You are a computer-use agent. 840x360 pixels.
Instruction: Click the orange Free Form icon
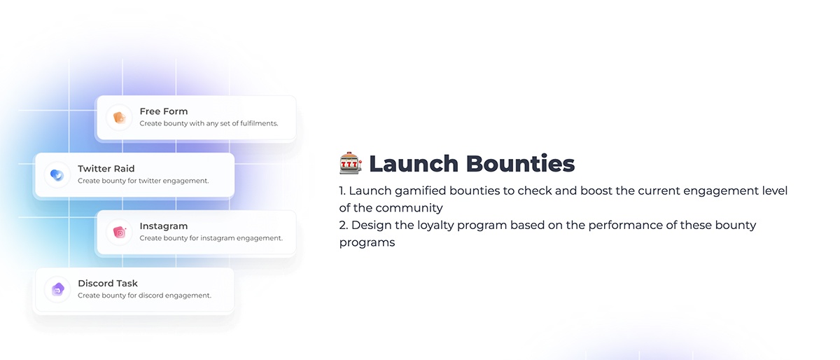(x=120, y=118)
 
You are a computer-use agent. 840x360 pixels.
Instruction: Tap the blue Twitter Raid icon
(x=57, y=175)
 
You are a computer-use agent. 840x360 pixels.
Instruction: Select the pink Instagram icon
(x=120, y=233)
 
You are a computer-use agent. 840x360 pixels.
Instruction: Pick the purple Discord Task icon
(x=57, y=289)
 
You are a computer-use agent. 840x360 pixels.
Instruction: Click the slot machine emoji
(x=351, y=163)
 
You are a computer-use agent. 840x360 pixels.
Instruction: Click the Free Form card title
(x=164, y=111)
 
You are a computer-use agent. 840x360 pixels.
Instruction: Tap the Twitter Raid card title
(x=106, y=169)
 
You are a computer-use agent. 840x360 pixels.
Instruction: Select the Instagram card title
(x=164, y=226)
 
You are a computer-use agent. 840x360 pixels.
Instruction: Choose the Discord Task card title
(x=108, y=284)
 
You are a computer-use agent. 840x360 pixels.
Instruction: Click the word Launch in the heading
(x=414, y=164)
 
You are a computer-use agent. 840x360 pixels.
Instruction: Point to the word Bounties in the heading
(x=521, y=164)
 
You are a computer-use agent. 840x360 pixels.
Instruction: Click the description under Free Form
(x=209, y=123)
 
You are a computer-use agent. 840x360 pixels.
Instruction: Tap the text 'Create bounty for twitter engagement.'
(x=143, y=181)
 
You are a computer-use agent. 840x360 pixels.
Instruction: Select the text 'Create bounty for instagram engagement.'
(x=211, y=238)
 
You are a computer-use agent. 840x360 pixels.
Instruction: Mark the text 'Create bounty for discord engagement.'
(x=144, y=296)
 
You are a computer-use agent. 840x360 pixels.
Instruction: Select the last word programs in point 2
(x=367, y=243)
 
